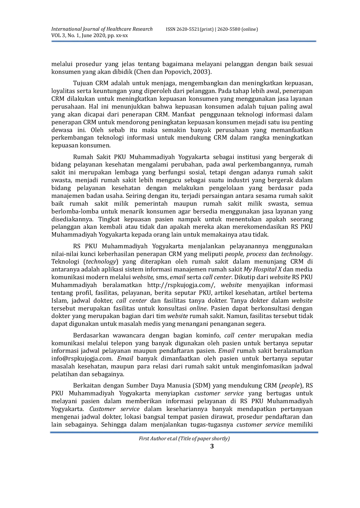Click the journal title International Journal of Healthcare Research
102,29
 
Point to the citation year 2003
201,72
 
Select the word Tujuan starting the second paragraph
83,83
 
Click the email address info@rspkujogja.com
82,359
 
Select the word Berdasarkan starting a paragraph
91,336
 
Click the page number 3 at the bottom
212,446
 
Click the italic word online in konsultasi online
198,308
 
